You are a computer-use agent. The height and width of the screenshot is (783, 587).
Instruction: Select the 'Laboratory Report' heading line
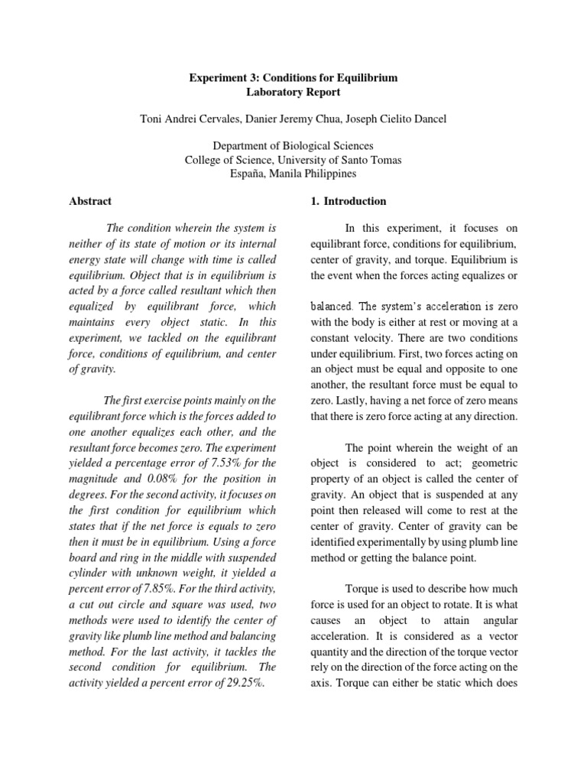click(293, 93)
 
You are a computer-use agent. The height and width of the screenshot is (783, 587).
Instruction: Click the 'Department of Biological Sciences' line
click(293, 145)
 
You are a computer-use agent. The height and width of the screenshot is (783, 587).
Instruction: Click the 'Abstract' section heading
click(89, 201)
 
